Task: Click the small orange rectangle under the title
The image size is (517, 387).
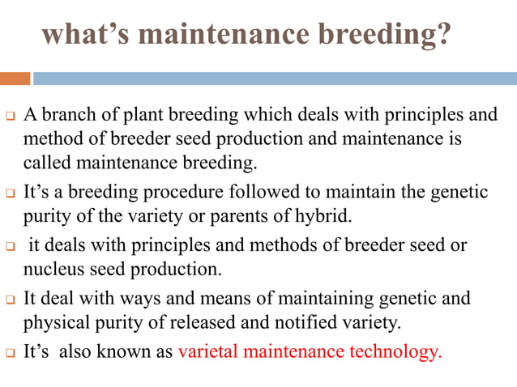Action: (15, 79)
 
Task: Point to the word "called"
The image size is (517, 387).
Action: (47, 163)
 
